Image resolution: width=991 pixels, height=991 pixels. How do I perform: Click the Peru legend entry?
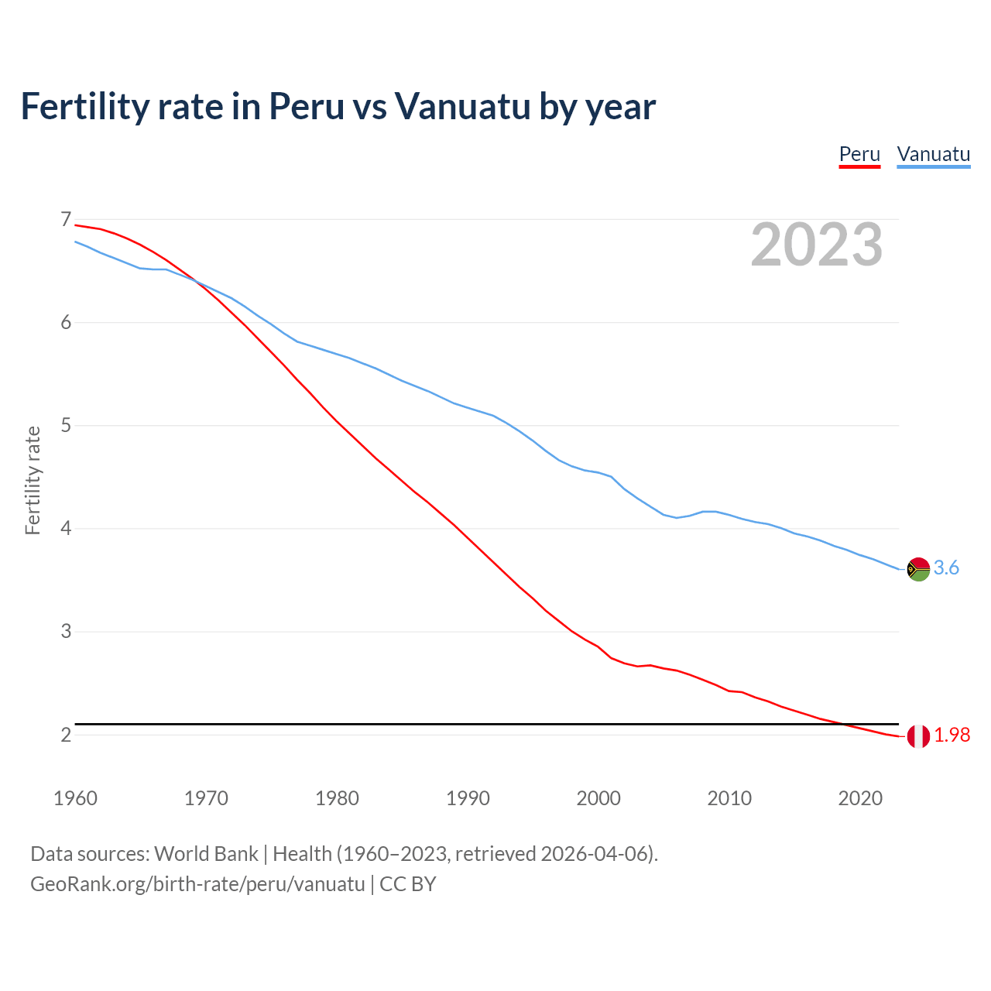(859, 154)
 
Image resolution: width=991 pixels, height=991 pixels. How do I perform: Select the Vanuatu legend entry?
(933, 154)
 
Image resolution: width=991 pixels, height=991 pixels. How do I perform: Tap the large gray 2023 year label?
(817, 245)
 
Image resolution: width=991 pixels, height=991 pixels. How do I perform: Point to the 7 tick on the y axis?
(66, 220)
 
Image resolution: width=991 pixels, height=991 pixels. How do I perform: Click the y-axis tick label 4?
(66, 529)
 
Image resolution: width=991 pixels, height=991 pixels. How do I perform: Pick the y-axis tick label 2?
(66, 735)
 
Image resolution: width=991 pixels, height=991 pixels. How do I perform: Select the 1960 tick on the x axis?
(75, 798)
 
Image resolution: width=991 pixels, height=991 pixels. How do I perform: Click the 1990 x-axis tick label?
(468, 798)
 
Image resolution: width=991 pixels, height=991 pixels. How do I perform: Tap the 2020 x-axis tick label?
(860, 798)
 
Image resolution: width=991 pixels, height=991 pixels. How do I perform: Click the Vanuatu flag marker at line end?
(918, 569)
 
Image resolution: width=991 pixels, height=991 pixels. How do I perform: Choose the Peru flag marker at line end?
(918, 736)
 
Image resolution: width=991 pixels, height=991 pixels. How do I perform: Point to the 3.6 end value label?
(946, 568)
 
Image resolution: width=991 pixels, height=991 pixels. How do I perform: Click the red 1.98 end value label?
(952, 736)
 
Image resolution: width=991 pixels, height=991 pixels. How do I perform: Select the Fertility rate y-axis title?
(33, 480)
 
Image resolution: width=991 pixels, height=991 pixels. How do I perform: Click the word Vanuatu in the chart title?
(462, 106)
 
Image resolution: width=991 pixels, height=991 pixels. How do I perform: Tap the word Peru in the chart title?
(306, 106)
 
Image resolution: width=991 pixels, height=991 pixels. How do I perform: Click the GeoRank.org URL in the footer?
(197, 884)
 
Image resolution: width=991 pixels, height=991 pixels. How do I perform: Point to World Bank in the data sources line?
(206, 854)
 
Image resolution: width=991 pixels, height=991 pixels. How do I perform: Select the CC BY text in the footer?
(408, 884)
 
